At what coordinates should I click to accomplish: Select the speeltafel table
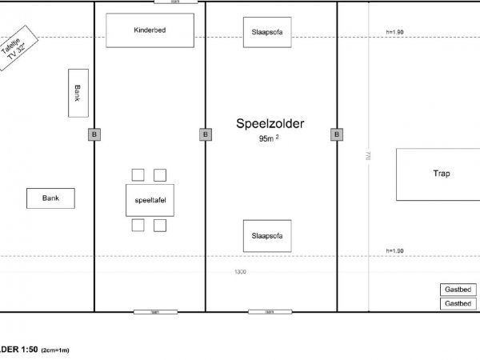coord(150,199)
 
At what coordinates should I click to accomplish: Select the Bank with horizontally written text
coord(50,198)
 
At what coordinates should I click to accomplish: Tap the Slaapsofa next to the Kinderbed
coord(267,32)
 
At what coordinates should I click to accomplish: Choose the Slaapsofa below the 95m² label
coord(267,235)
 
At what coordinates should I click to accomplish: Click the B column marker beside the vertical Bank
coord(94,134)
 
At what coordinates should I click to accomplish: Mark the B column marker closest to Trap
coord(336,134)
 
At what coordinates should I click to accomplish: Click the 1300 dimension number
coord(240,272)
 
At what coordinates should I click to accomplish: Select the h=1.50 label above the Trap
coord(394,32)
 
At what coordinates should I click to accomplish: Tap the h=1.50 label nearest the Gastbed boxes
coord(394,251)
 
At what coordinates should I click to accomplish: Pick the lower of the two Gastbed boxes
coord(457,304)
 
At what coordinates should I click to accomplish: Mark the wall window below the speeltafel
coord(150,311)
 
